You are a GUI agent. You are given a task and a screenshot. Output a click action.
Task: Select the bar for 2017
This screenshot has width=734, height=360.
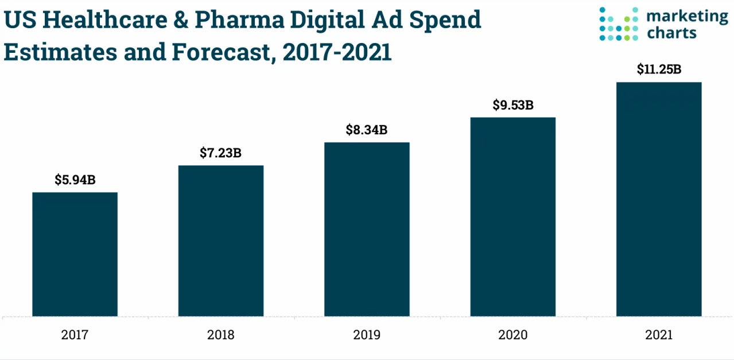click(75, 254)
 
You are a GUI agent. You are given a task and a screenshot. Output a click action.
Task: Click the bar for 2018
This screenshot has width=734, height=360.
click(221, 241)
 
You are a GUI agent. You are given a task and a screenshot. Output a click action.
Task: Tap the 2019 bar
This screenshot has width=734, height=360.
click(367, 229)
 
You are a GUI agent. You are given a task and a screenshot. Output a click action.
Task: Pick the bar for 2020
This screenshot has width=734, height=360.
click(513, 216)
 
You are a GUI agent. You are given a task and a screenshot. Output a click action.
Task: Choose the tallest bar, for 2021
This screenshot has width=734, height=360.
click(659, 199)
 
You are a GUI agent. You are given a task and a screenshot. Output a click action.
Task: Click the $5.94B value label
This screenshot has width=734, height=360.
click(75, 180)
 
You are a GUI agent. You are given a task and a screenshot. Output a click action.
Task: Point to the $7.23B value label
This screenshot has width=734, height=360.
click(221, 153)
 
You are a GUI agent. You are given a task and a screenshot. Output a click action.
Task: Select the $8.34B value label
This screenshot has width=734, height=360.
click(367, 130)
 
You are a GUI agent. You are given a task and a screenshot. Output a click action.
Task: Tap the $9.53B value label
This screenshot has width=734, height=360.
click(513, 105)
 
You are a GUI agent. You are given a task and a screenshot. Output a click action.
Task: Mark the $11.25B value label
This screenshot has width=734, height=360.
click(659, 69)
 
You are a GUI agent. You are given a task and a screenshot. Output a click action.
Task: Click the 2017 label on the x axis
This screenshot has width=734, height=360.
click(75, 335)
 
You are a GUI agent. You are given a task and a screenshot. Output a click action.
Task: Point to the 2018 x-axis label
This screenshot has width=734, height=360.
click(221, 335)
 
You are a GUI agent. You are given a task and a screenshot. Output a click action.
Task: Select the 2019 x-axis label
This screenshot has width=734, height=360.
click(367, 335)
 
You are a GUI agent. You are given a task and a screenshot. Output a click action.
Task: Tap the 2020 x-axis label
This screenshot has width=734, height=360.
click(513, 335)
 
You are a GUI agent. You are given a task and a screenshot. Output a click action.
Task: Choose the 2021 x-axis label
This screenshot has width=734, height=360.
click(659, 335)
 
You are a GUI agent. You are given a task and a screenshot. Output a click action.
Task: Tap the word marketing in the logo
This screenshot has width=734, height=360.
click(687, 17)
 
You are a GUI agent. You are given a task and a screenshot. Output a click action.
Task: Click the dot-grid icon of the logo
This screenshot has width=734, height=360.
click(619, 24)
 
